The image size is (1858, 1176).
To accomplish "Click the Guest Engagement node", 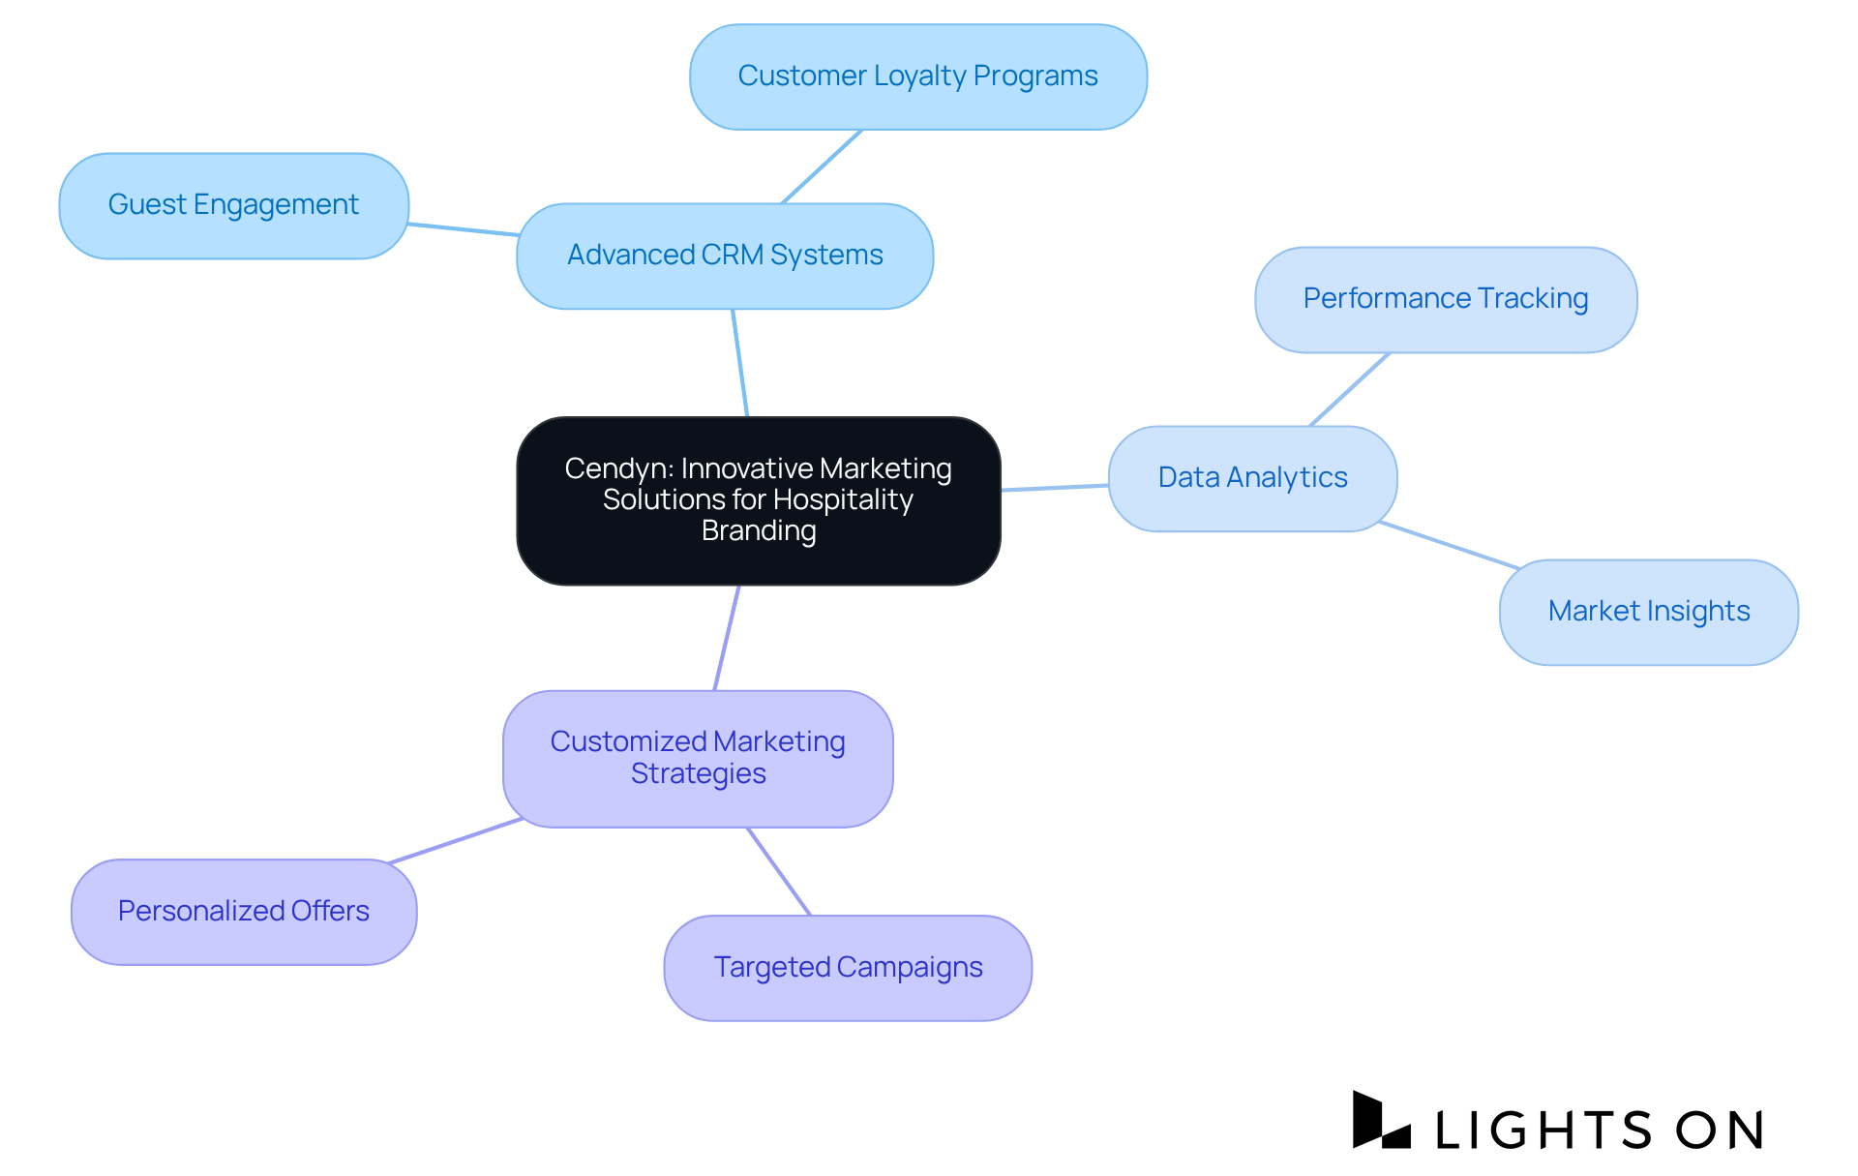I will [x=233, y=205].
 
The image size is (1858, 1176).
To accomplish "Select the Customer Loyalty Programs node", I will [x=917, y=76].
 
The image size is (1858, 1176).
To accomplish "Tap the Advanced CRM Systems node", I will [x=725, y=256].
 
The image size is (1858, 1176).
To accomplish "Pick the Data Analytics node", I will [x=1252, y=478].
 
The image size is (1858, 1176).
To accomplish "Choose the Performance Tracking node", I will [x=1445, y=299].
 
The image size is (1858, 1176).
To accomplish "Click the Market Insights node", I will [x=1648, y=612].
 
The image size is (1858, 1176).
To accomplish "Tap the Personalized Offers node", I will [x=244, y=911].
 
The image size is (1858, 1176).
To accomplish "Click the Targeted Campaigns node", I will [x=848, y=967].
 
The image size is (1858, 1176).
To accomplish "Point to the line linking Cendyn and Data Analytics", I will [x=1055, y=488].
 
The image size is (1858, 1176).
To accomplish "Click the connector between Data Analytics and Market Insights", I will [x=1449, y=545].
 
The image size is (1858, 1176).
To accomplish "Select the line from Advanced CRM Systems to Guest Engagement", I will [x=463, y=229].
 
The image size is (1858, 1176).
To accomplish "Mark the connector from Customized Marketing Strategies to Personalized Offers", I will [x=455, y=840].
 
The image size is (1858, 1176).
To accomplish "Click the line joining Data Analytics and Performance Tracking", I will [x=1349, y=389].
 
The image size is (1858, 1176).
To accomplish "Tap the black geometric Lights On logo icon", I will [x=1379, y=1122].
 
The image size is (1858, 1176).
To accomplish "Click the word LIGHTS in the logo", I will [x=1543, y=1130].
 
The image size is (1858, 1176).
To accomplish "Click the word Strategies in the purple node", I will [x=698, y=774].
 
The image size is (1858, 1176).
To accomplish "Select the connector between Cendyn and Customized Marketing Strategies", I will [x=727, y=638].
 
